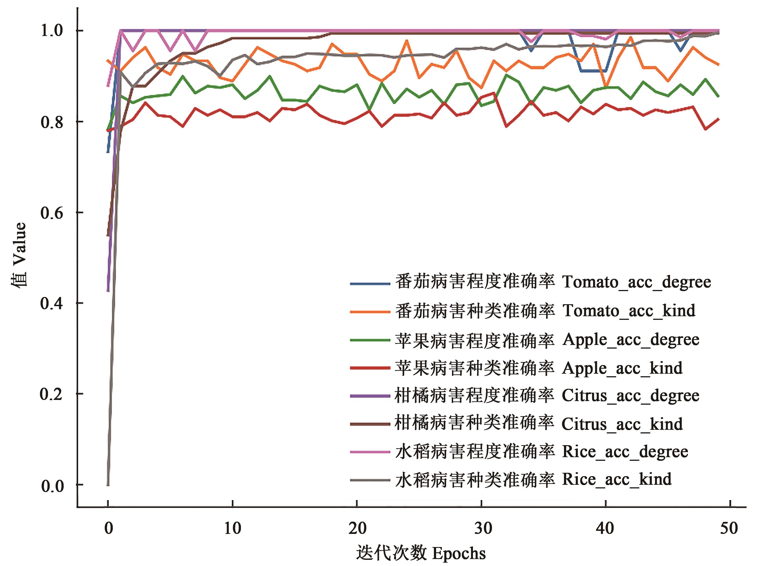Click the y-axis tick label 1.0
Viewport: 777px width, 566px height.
point(52,30)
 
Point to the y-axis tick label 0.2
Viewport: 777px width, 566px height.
point(52,394)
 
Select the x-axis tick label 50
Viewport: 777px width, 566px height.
point(729,528)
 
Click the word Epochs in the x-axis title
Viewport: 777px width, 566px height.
point(459,553)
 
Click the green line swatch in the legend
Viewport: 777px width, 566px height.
point(370,340)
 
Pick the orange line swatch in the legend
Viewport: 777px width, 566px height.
point(370,312)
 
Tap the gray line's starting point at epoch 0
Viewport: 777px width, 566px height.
point(108,485)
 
